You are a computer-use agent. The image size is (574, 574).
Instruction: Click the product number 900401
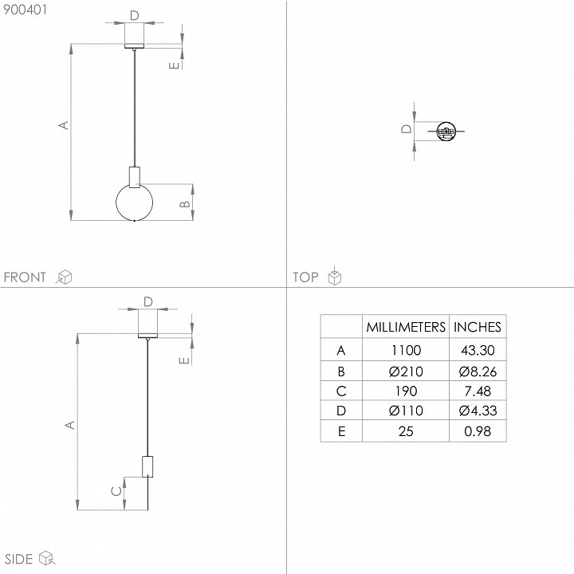tap(26, 10)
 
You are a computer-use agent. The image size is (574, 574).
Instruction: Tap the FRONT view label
tap(25, 277)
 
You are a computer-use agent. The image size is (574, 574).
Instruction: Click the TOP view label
tap(305, 277)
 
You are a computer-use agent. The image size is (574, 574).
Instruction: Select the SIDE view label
tap(18, 559)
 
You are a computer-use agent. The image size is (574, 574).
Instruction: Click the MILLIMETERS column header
tap(406, 327)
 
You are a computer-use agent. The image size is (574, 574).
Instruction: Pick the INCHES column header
tap(478, 327)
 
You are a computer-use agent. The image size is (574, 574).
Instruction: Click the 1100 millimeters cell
tap(406, 350)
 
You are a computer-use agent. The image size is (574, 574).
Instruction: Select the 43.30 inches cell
tap(478, 350)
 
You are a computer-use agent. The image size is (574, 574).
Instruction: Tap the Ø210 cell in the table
tap(406, 372)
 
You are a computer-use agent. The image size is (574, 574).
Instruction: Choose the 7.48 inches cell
tap(478, 391)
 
